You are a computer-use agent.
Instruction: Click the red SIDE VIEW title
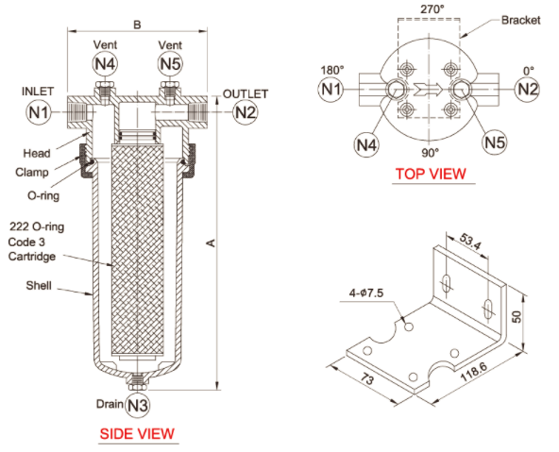137,433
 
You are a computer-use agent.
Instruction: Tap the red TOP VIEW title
431,174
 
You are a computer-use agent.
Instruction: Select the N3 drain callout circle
138,405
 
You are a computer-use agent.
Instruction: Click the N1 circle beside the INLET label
39,112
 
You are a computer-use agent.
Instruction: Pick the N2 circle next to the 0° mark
527,89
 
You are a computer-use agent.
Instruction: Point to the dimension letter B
137,25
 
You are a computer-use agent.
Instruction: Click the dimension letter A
212,243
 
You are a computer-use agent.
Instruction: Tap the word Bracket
521,21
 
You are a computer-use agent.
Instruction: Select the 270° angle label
432,8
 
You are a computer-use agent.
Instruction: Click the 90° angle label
431,153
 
